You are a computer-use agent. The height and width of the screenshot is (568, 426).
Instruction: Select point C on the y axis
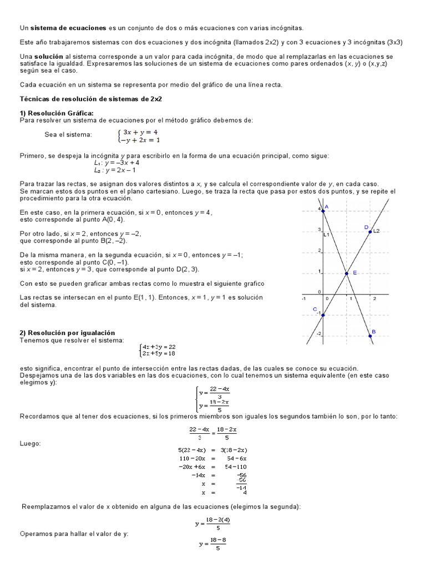point(322,315)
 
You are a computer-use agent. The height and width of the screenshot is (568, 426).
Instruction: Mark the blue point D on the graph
point(369,231)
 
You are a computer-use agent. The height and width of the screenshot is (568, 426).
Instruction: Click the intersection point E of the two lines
point(346,273)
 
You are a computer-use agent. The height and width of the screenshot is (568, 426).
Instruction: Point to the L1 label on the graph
point(327,235)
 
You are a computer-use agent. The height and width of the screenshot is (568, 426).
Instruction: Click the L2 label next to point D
point(376,231)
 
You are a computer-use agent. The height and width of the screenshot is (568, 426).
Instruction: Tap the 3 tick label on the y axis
point(319,230)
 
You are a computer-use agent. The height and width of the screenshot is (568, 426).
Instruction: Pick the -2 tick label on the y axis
point(319,333)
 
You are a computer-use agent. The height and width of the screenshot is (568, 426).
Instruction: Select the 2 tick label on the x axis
point(374,298)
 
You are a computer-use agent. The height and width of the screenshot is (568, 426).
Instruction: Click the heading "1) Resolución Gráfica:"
point(56,113)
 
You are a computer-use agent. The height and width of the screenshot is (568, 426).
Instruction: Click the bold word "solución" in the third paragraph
point(48,57)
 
